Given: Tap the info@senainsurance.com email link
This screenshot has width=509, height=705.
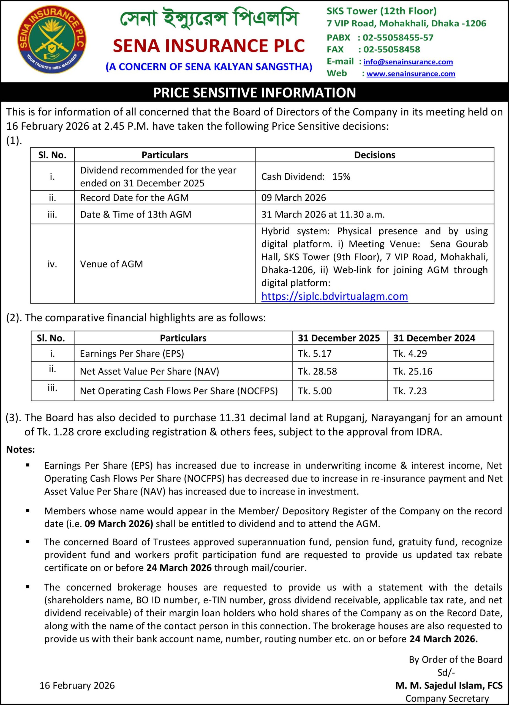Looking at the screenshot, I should [408, 62].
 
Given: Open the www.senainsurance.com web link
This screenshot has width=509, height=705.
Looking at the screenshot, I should [410, 74].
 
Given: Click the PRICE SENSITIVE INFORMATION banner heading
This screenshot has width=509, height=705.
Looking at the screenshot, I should [254, 93].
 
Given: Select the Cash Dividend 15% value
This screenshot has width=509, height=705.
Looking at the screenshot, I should [306, 177].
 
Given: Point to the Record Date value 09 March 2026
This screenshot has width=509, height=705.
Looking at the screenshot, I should [293, 198].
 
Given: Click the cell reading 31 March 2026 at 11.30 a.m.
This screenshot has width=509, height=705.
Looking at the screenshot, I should [323, 215].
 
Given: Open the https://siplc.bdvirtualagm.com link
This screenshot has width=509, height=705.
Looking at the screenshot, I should [334, 296].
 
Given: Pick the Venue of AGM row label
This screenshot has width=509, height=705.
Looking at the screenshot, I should [111, 264].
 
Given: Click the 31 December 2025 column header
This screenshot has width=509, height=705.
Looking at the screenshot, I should [339, 338].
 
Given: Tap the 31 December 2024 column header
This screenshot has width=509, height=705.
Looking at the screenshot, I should [434, 338].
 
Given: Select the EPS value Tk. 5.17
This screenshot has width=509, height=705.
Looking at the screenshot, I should [314, 353].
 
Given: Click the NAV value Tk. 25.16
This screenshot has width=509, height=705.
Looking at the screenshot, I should [412, 371].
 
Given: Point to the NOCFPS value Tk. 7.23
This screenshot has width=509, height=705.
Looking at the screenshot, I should [410, 391].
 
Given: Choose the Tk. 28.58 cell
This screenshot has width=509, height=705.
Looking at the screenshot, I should [317, 371].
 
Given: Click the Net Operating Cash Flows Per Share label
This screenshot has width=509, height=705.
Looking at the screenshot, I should [179, 391].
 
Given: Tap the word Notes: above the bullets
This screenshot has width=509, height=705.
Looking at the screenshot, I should [21, 449].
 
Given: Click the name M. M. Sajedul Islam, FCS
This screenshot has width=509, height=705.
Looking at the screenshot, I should [449, 685].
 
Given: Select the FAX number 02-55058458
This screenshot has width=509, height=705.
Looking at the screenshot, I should [391, 49].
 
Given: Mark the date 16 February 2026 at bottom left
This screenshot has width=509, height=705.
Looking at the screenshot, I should [77, 685].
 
